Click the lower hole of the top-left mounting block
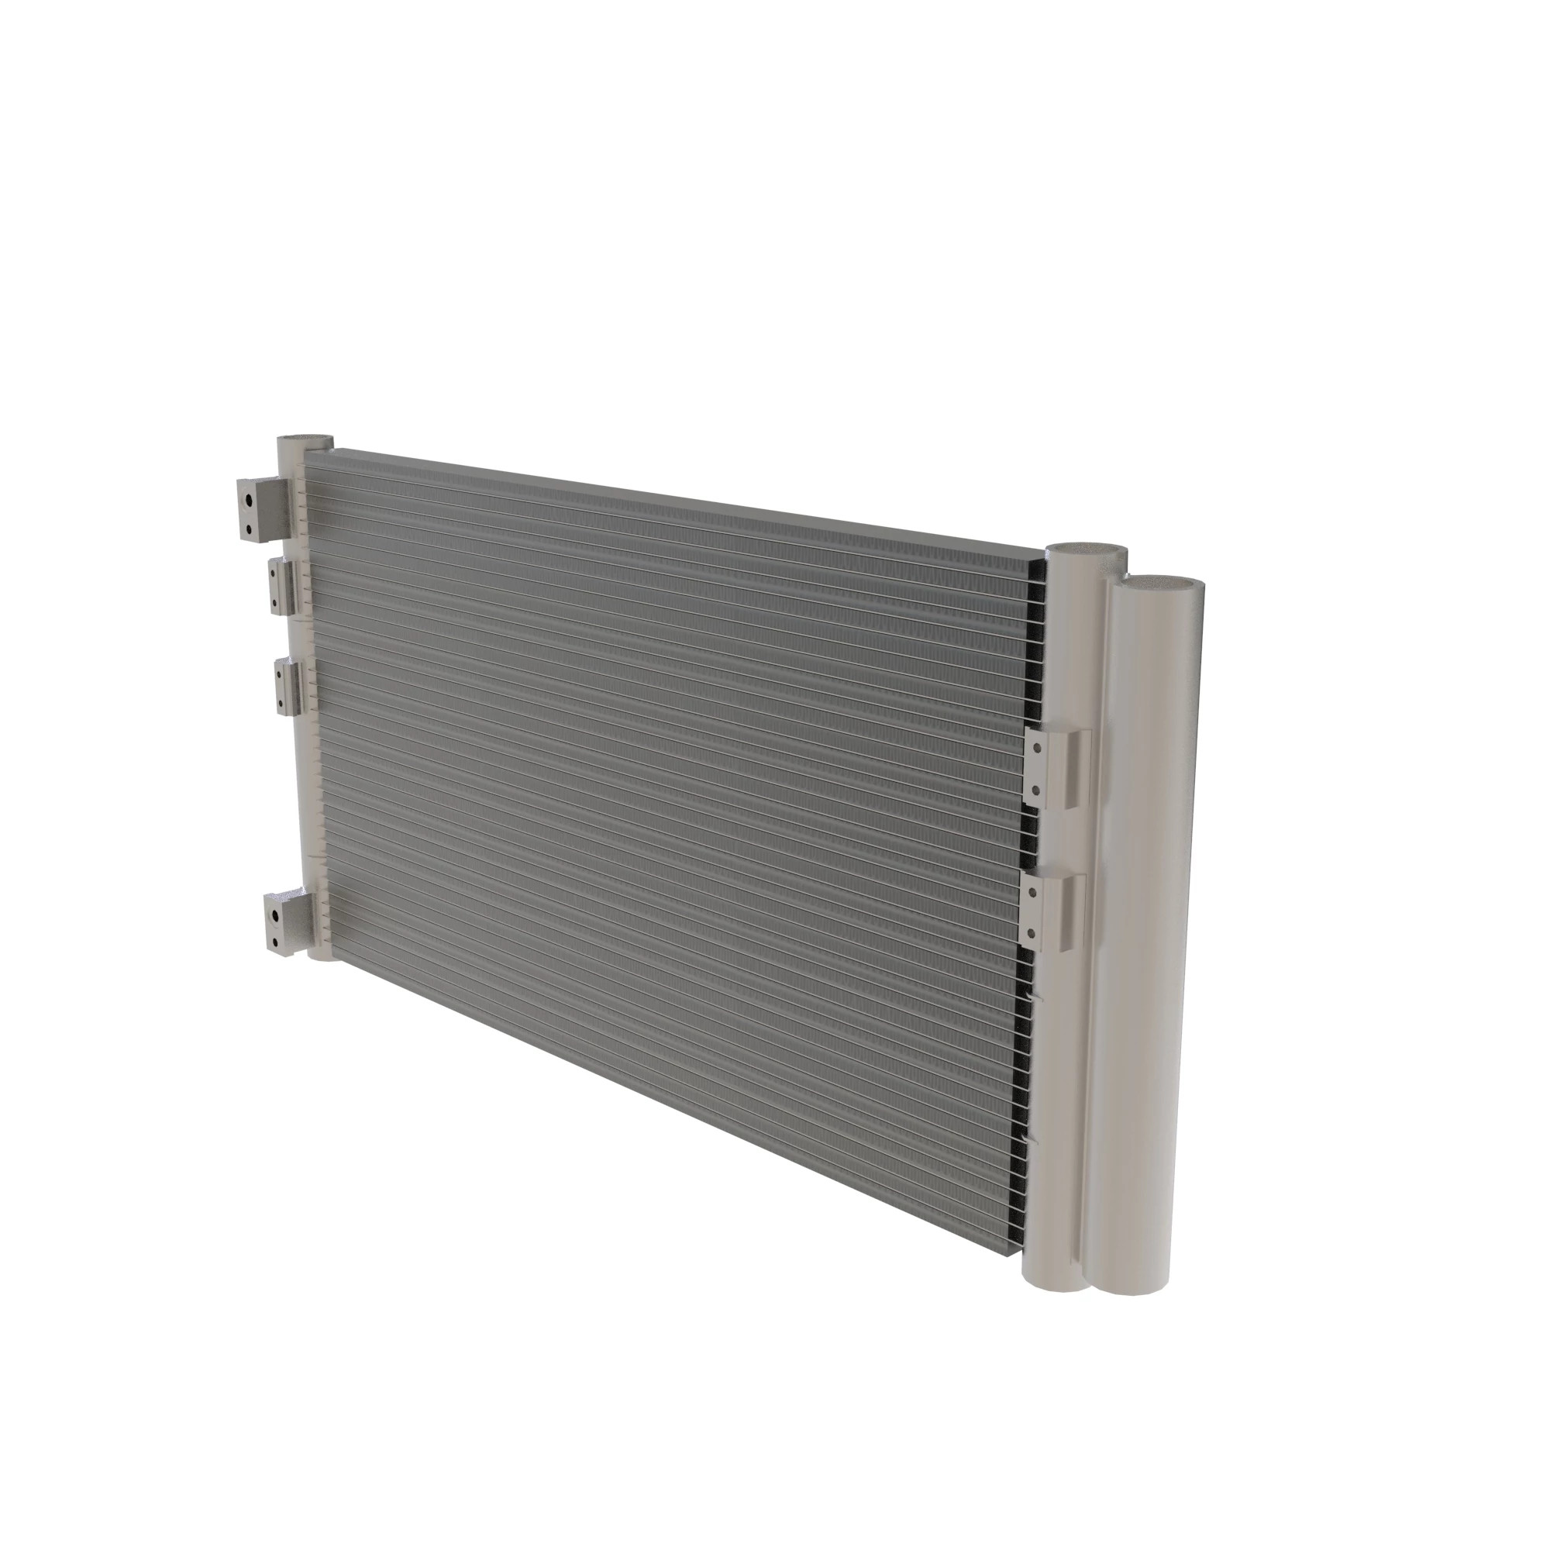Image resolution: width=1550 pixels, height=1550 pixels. coord(250,529)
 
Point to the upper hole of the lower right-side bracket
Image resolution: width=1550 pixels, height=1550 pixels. coord(1032,891)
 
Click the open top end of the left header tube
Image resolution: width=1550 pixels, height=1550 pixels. coord(305,441)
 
